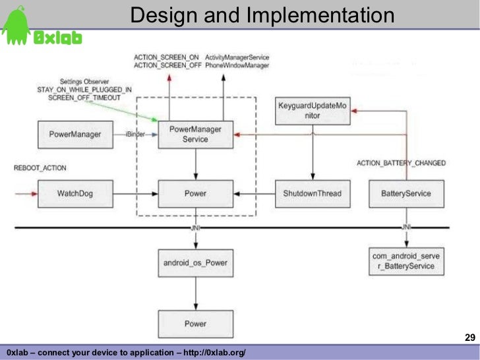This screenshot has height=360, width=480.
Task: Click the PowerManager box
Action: point(75,135)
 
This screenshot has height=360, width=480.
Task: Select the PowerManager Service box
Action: point(195,134)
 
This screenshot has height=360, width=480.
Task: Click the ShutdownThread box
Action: point(312,193)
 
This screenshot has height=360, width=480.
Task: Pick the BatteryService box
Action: point(406,193)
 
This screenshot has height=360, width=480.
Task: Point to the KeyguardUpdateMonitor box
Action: point(312,111)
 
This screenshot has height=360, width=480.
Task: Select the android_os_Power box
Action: point(195,262)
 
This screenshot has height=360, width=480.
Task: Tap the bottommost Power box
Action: point(195,324)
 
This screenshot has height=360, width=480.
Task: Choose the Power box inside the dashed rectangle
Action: point(195,193)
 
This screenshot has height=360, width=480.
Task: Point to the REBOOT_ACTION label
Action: point(40,168)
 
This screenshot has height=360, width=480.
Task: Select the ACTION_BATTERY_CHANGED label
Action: point(401,163)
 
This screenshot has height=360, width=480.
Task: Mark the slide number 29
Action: point(469,338)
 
